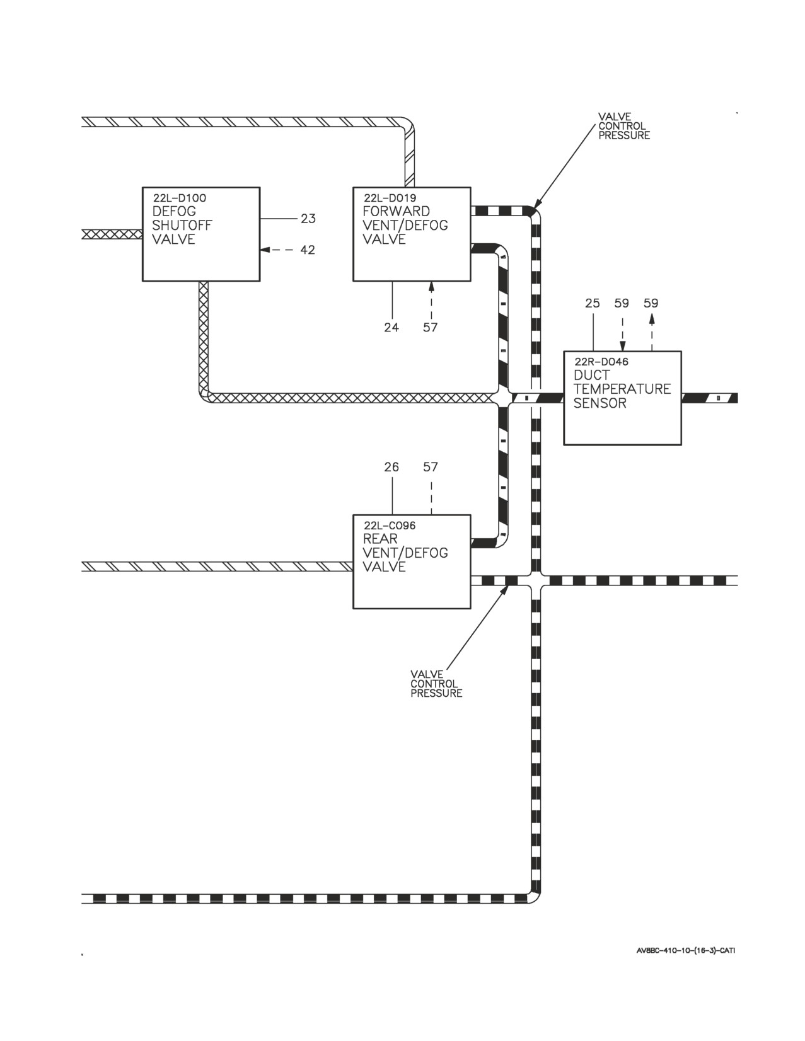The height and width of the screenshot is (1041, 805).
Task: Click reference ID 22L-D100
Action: click(x=180, y=197)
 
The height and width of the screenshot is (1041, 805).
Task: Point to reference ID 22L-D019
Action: click(x=390, y=197)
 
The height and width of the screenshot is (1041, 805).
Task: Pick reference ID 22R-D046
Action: click(x=601, y=362)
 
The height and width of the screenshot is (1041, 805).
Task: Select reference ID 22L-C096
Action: click(x=390, y=526)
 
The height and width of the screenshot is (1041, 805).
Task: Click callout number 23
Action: click(x=308, y=219)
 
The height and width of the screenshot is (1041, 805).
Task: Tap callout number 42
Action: click(x=308, y=250)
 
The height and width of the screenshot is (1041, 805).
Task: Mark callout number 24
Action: click(x=391, y=327)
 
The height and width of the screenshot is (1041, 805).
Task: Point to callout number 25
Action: click(x=593, y=302)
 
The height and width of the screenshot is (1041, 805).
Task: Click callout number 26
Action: click(x=391, y=466)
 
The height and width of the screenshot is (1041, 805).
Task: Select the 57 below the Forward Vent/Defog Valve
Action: click(x=431, y=327)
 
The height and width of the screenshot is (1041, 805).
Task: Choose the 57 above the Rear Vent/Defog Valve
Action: click(x=431, y=466)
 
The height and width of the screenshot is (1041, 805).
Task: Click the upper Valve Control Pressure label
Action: click(x=624, y=126)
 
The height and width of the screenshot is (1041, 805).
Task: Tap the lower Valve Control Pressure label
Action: click(x=436, y=684)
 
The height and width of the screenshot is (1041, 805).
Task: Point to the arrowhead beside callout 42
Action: click(x=265, y=250)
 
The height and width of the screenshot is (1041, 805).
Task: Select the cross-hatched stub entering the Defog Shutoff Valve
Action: click(x=112, y=234)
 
